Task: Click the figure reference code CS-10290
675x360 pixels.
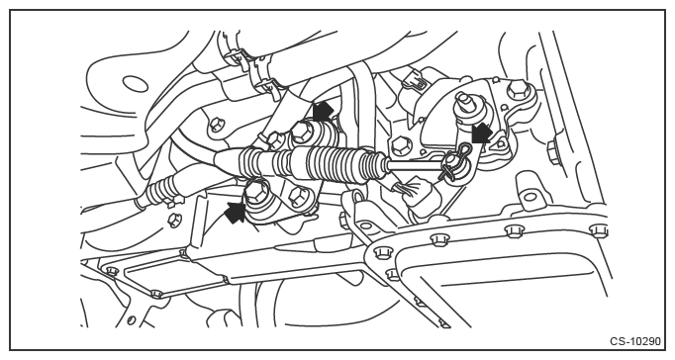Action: point(634,341)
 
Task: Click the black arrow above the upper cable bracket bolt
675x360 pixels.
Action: point(323,112)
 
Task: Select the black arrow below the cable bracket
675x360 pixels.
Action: point(236,213)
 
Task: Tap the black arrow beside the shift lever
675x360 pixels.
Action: point(482,133)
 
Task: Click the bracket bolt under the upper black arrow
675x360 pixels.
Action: point(301,133)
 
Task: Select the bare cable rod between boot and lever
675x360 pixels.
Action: point(415,163)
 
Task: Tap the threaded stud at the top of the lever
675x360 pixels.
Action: point(464,102)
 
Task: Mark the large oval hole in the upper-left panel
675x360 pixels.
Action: point(137,83)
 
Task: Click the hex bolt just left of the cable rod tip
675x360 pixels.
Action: point(400,145)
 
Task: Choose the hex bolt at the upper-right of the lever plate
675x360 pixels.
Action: point(518,91)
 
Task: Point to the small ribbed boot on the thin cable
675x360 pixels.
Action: point(159,189)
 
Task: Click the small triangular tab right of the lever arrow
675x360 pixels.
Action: point(500,142)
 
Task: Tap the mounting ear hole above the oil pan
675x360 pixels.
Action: point(531,197)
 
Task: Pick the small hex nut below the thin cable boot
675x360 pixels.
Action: point(174,221)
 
